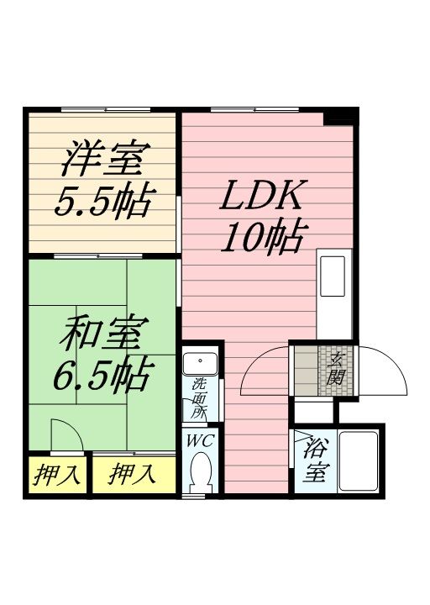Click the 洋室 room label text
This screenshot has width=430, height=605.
[103, 158]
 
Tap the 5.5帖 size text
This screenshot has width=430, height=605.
[103, 202]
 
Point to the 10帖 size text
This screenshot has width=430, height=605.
[261, 239]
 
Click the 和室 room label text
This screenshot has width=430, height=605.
[103, 334]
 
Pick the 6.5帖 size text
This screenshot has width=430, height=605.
[102, 376]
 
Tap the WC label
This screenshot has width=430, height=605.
[200, 440]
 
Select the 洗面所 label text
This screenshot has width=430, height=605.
[199, 397]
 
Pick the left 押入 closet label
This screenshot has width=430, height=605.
[56, 476]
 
